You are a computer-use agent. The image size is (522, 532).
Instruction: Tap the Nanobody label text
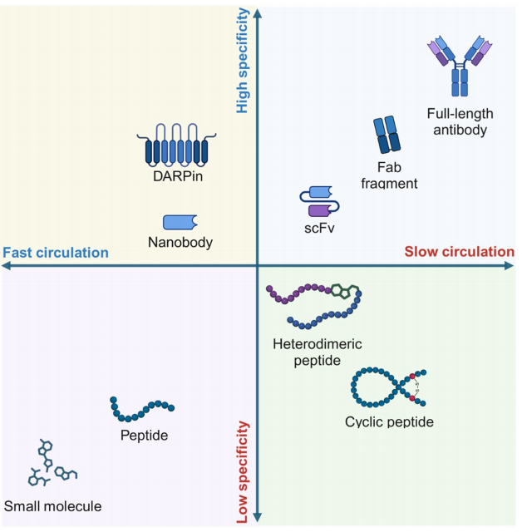pos(180,243)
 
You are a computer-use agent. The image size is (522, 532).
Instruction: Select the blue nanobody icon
pos(180,222)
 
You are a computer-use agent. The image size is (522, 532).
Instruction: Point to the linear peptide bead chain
pos(142,408)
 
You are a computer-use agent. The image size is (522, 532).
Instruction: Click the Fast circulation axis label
pos(57,253)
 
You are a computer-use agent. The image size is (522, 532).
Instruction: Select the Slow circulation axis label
pos(459,252)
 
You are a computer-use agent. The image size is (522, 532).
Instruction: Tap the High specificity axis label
pos(243,62)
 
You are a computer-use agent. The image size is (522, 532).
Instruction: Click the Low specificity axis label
pos(243,471)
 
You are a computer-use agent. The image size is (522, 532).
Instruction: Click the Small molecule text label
pos(52,506)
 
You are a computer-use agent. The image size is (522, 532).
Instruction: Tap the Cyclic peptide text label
pos(389,422)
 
